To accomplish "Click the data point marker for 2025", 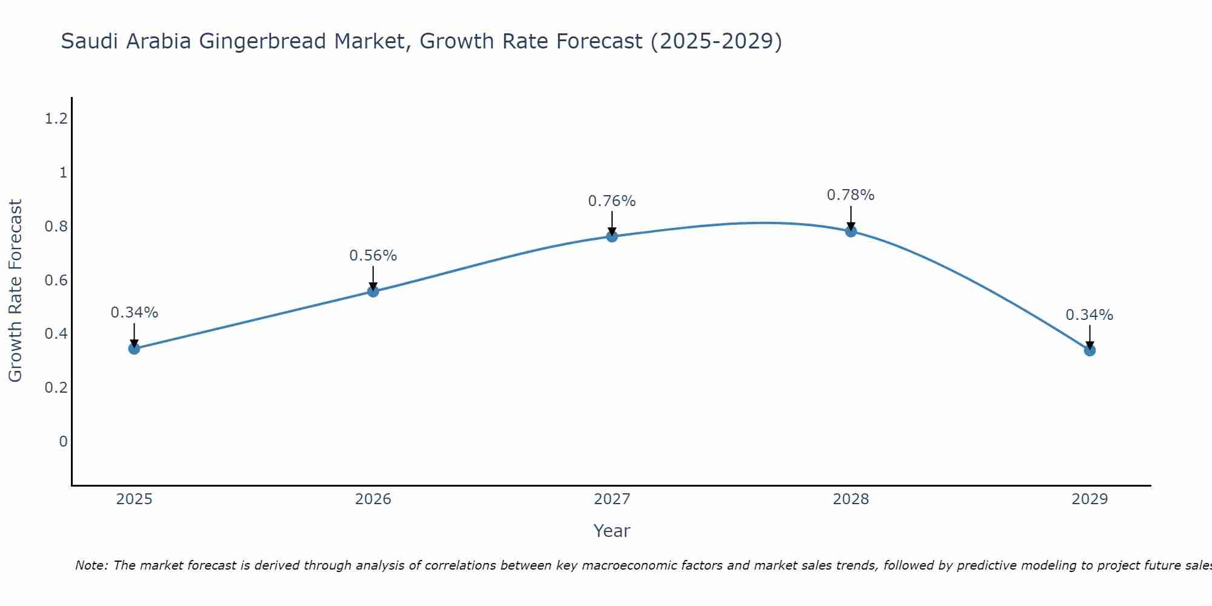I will pyautogui.click(x=134, y=348).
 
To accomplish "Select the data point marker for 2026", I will pyautogui.click(x=373, y=291).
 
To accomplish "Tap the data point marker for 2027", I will pyautogui.click(x=612, y=236).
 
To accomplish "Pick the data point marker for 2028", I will pyautogui.click(x=851, y=231).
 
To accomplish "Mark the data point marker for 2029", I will pyautogui.click(x=1090, y=350).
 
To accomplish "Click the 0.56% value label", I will pyautogui.click(x=373, y=256).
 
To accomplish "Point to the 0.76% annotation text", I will pyautogui.click(x=612, y=201).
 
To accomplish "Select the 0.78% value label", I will pyautogui.click(x=851, y=195).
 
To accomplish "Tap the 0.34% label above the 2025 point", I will pyautogui.click(x=134, y=313).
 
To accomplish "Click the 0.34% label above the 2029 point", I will pyautogui.click(x=1090, y=315).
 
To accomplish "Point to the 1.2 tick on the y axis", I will pyautogui.click(x=56, y=119).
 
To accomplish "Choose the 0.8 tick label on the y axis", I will pyautogui.click(x=56, y=227).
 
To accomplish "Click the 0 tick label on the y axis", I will pyautogui.click(x=63, y=441).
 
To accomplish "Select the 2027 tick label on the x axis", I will pyautogui.click(x=612, y=499).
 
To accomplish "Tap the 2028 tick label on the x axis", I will pyautogui.click(x=851, y=499).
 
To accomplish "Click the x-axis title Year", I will pyautogui.click(x=612, y=531).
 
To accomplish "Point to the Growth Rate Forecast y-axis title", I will pyautogui.click(x=15, y=291).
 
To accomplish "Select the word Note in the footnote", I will pyautogui.click(x=91, y=565).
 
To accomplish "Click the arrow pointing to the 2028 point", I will pyautogui.click(x=851, y=218).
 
